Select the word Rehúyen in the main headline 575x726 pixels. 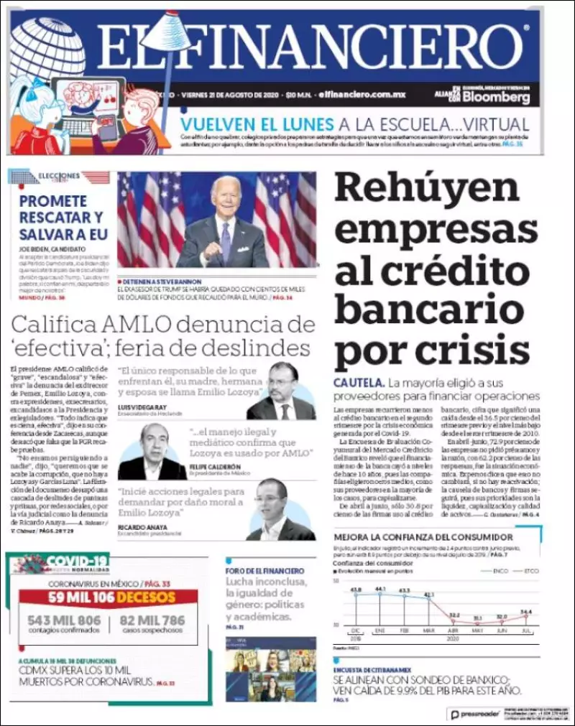[x=427, y=187]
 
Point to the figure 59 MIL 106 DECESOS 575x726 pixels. [x=112, y=597]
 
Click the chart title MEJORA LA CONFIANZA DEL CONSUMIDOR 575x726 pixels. [x=423, y=537]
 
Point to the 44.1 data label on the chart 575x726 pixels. [x=380, y=589]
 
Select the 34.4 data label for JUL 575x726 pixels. [x=526, y=612]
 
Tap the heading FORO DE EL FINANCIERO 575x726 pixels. [x=266, y=571]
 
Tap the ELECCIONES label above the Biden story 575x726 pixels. [x=59, y=175]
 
